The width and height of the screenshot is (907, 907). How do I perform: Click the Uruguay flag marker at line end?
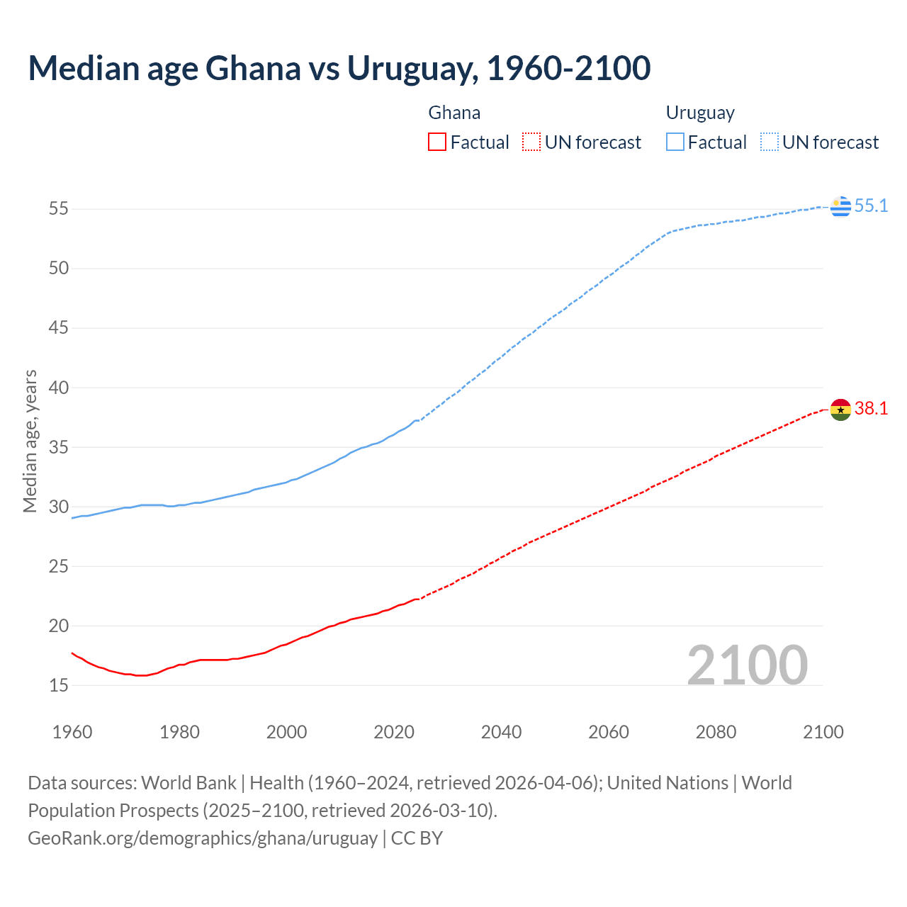point(840,206)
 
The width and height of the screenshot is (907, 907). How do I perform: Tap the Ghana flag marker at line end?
point(840,410)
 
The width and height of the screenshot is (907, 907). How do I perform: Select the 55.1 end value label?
point(871,206)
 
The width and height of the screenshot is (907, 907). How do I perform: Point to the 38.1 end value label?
point(871,409)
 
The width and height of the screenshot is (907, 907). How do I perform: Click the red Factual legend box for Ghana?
point(437,142)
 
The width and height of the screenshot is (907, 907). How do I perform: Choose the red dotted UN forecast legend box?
point(531,142)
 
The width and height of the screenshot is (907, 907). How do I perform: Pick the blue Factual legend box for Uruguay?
point(675,142)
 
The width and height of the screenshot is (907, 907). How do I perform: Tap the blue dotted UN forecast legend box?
point(770,142)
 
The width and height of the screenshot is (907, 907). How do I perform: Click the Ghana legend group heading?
point(454,113)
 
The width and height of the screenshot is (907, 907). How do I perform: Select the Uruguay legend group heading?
point(700,113)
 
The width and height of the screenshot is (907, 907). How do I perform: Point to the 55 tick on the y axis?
point(59,209)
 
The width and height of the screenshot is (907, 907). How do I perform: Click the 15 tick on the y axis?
point(59,685)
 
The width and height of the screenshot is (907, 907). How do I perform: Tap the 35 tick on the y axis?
point(59,447)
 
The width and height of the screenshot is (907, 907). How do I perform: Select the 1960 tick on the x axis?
point(72,732)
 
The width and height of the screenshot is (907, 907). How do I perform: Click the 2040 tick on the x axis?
point(502,732)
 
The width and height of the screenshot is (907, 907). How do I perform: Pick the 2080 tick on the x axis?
point(716,732)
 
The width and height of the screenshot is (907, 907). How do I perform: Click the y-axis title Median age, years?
point(30,441)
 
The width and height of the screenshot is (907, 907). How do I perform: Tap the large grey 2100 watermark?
point(748,665)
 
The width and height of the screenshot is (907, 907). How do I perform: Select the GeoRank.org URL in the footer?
point(203,838)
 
